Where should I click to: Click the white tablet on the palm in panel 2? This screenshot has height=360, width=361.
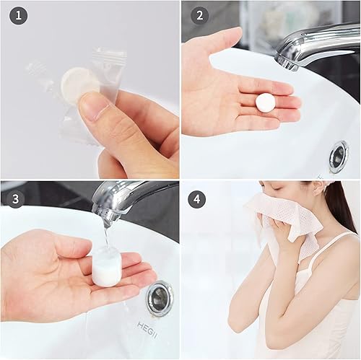(265, 102)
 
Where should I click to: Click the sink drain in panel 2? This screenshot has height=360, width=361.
(338, 156)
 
